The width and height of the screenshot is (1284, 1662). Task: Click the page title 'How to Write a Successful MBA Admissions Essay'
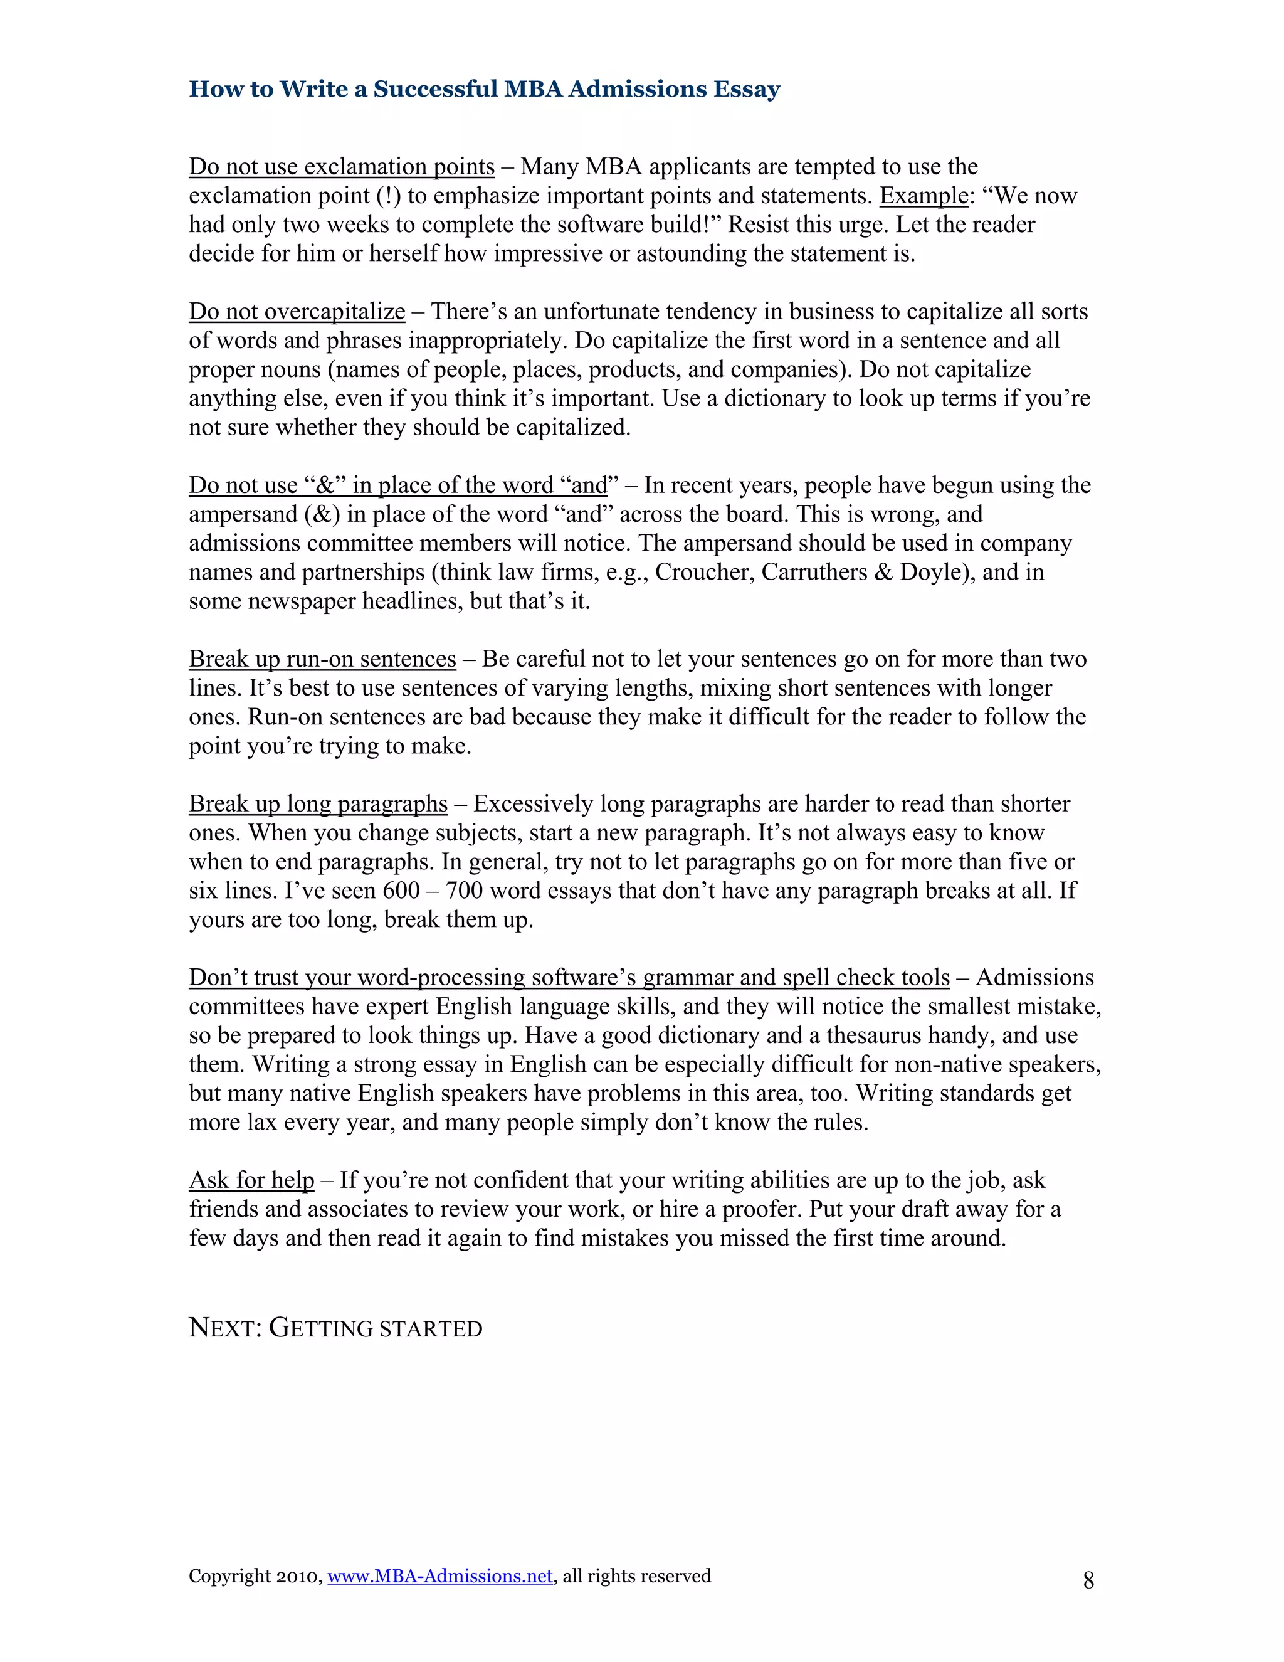click(485, 89)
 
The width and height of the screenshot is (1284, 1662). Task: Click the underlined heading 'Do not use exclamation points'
click(342, 167)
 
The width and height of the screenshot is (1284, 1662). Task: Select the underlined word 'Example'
click(924, 196)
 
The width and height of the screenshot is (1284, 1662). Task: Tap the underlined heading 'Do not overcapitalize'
click(297, 311)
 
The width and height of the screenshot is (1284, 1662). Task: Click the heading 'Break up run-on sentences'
click(322, 659)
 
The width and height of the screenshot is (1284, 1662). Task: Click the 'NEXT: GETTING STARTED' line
click(335, 1328)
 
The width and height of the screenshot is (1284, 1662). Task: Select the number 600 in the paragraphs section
click(401, 891)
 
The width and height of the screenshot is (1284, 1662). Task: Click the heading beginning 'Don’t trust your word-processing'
click(569, 978)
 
